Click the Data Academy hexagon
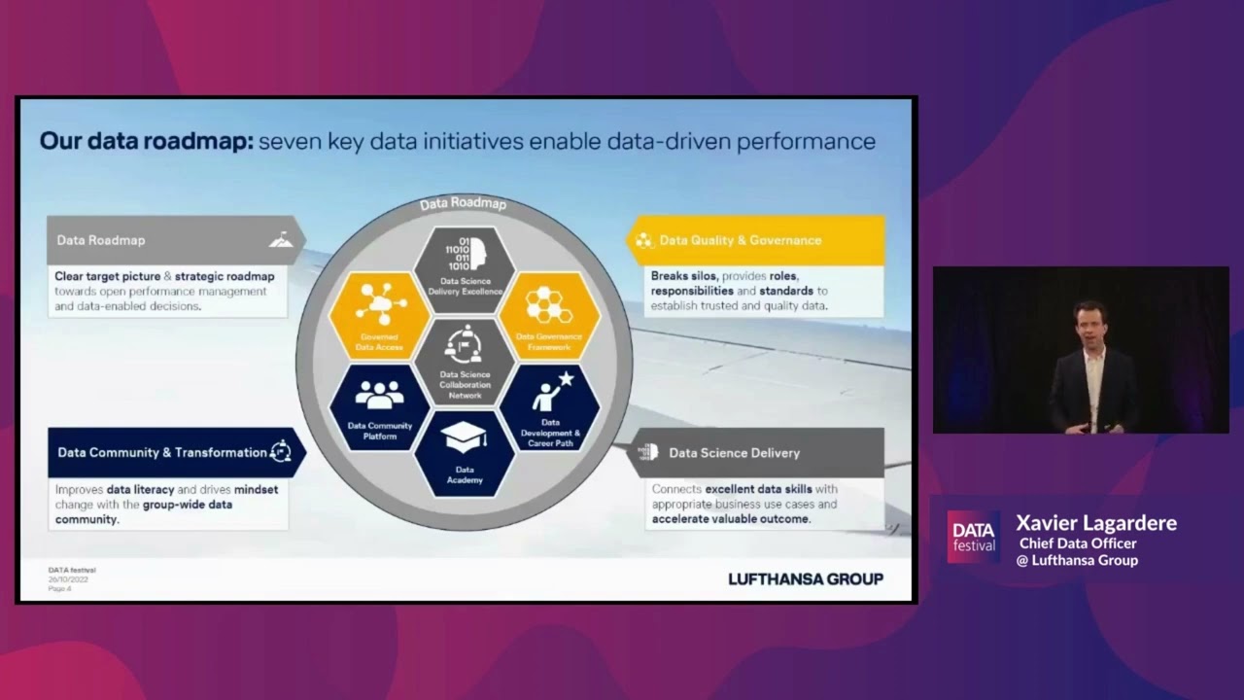tap(465, 453)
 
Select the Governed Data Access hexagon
tap(380, 316)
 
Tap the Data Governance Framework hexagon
tap(549, 316)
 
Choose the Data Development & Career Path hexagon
tap(550, 408)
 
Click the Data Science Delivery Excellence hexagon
tap(465, 268)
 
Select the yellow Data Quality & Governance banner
tap(756, 240)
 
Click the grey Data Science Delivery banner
tap(756, 452)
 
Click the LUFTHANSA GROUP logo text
tap(806, 579)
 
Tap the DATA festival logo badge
tap(973, 537)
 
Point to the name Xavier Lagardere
tap(1096, 523)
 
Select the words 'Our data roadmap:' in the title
tap(146, 141)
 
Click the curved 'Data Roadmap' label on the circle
tap(464, 203)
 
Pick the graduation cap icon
tap(465, 437)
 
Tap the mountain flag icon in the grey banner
tap(280, 239)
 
